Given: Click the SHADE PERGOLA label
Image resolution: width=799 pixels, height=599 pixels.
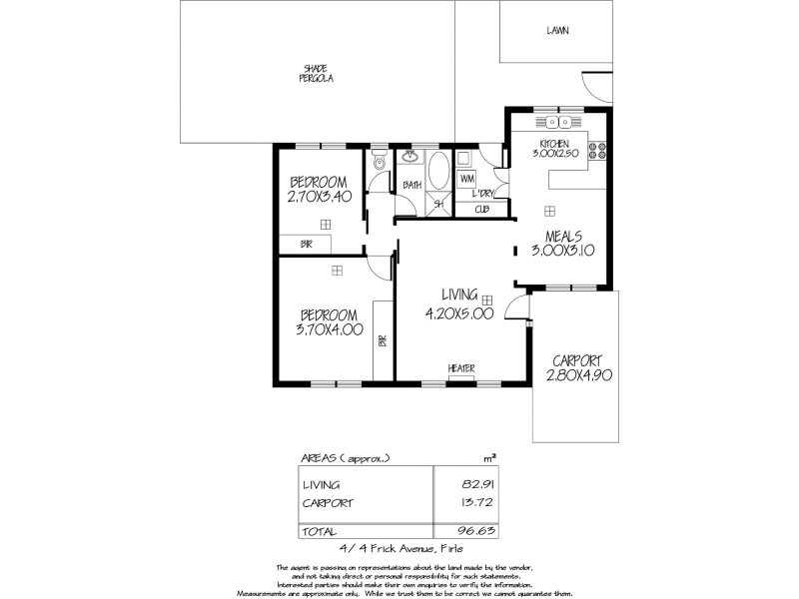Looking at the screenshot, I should [x=318, y=73].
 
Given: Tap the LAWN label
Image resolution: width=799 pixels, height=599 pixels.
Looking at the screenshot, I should [x=557, y=31].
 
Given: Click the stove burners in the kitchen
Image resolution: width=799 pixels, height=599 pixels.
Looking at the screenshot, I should [x=599, y=152].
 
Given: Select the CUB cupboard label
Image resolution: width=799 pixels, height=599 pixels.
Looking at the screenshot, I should [x=481, y=210].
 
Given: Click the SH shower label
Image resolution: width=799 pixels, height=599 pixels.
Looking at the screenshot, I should [x=437, y=205].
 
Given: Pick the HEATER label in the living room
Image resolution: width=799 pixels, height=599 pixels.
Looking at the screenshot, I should [x=460, y=367].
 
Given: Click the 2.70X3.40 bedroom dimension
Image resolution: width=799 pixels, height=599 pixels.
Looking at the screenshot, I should [x=318, y=198].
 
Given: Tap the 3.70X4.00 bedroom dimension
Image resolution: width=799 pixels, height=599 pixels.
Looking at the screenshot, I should [x=329, y=328].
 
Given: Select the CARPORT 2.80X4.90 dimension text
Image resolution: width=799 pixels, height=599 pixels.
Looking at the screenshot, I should [x=578, y=375].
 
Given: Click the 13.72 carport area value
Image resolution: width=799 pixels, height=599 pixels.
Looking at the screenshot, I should [x=455, y=503].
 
